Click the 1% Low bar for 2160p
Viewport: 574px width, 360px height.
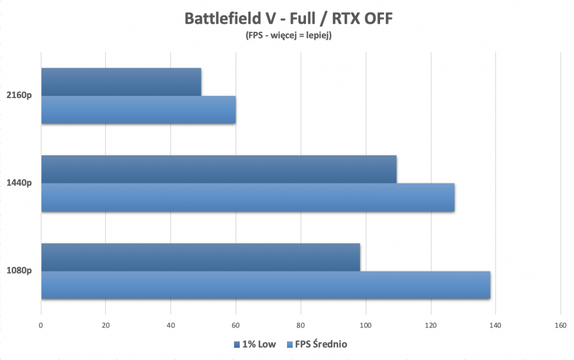tap(121, 82)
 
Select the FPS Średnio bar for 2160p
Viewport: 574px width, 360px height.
tap(138, 110)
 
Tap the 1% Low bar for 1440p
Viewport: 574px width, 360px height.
tap(219, 169)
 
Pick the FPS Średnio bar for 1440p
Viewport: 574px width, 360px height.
tap(248, 197)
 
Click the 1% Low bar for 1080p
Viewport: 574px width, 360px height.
tap(200, 257)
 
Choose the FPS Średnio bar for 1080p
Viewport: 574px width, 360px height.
tap(266, 285)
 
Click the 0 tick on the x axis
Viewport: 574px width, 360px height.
tap(41, 325)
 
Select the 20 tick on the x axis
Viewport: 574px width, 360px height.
tap(106, 325)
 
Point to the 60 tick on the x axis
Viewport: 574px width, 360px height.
tap(236, 325)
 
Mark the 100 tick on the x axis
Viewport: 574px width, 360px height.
tap(366, 325)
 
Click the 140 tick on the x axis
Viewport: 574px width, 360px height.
tap(496, 325)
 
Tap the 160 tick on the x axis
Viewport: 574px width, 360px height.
tap(561, 325)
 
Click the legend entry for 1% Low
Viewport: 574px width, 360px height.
tap(254, 344)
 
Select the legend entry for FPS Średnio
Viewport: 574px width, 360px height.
tap(317, 344)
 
